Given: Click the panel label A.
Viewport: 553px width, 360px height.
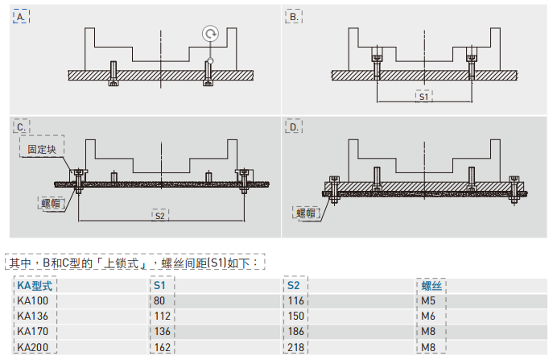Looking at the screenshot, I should pos(22,16).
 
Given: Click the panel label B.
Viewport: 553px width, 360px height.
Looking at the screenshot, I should pos(294,16).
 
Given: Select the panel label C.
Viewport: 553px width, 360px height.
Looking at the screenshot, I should pos(22,126).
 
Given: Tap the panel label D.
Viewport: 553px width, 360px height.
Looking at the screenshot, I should pos(294,126).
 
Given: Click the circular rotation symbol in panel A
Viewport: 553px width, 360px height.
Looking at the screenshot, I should pos(210,34).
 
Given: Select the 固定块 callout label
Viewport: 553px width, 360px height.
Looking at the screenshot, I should pos(43,149).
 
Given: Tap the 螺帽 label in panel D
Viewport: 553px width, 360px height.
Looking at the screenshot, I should pos(306,213).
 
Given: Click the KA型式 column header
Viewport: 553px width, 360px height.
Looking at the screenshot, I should pos(35,285).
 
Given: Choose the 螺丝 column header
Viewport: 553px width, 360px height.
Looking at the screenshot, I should pos(431,285).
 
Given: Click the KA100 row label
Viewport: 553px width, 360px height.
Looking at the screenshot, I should pos(32,300).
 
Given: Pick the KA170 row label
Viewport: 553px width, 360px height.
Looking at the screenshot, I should pos(32,331).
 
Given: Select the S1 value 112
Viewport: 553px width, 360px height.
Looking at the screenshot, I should pos(163,316).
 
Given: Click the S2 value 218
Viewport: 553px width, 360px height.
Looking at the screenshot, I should pos(298,347).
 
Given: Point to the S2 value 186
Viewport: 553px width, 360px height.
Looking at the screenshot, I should pos(298,331).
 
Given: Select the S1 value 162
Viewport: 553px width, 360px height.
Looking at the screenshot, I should pos(163,347).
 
